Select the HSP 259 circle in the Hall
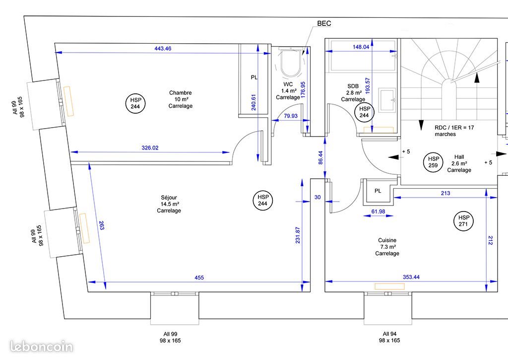click(x=432, y=162)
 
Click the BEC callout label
click(x=324, y=23)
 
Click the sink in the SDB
click(x=386, y=98)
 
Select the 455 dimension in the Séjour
click(x=198, y=278)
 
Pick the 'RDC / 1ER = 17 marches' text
click(x=454, y=131)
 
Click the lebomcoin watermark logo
click(x=42, y=347)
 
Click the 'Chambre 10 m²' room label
click(x=180, y=99)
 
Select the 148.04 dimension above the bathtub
click(x=361, y=47)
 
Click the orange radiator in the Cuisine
click(x=389, y=286)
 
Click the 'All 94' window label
click(x=389, y=334)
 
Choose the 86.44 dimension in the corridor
click(x=320, y=157)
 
